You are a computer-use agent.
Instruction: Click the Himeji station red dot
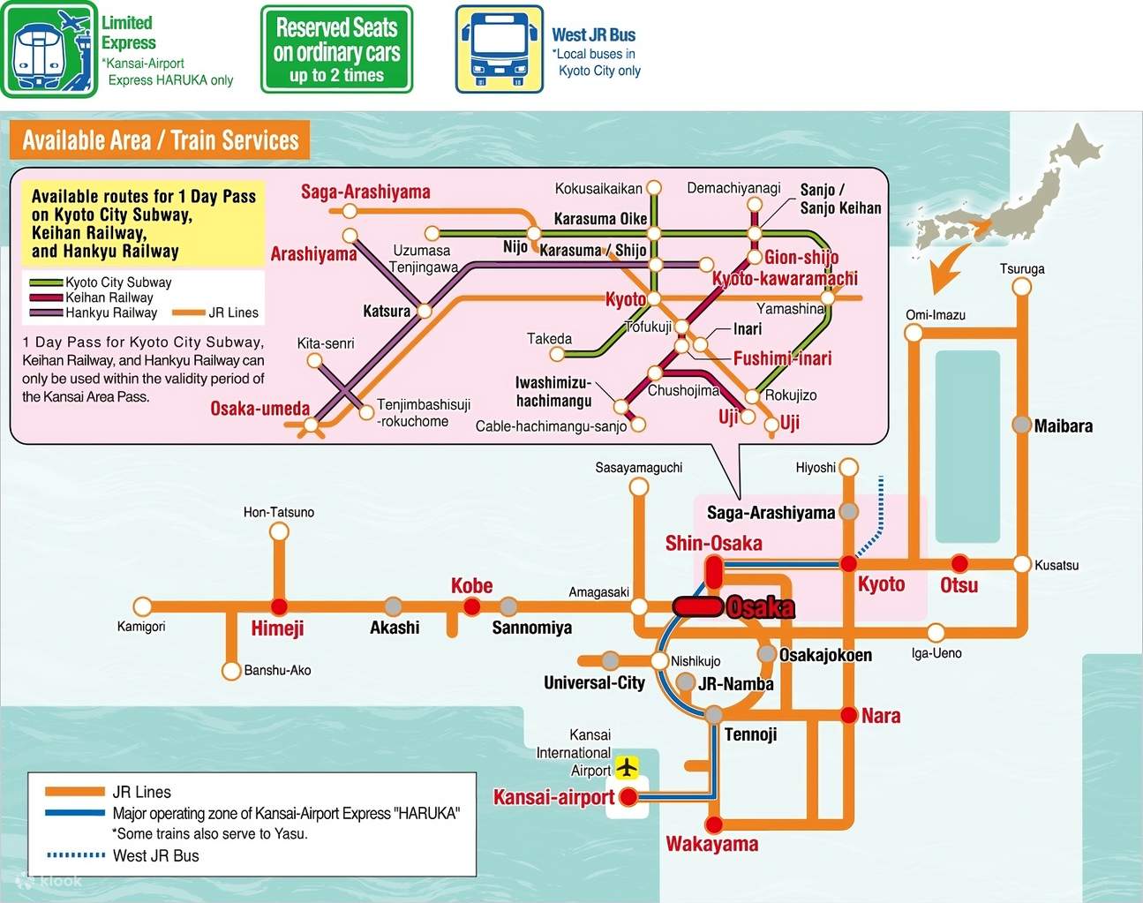[279, 606]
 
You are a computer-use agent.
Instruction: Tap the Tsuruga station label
[1022, 268]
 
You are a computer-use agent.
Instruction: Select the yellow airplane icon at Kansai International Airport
[627, 766]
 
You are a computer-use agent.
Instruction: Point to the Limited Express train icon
[49, 50]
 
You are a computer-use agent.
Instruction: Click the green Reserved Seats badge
[336, 49]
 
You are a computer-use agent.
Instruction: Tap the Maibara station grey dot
[1022, 425]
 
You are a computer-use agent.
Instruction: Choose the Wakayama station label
[711, 845]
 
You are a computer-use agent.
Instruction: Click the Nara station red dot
[849, 715]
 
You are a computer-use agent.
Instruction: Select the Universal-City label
[594, 683]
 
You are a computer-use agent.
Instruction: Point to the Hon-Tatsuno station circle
[279, 531]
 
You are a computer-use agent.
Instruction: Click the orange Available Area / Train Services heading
[160, 140]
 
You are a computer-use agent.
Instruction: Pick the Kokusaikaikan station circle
[654, 188]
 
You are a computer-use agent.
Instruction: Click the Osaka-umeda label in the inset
[259, 409]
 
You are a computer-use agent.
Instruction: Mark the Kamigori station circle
[142, 606]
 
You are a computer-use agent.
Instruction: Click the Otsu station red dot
[959, 563]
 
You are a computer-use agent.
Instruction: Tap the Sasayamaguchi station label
[638, 468]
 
